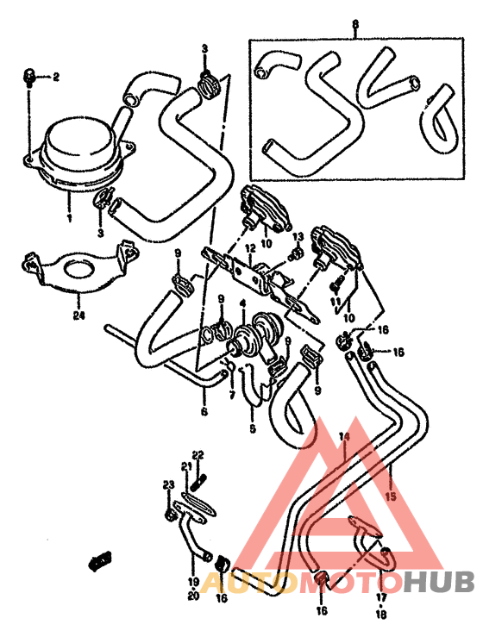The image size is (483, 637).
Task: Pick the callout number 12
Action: pyautogui.click(x=248, y=247)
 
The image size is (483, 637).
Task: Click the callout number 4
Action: pyautogui.click(x=244, y=303)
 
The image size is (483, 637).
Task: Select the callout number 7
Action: pyautogui.click(x=232, y=395)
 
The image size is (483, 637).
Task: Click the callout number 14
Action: pyautogui.click(x=343, y=437)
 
